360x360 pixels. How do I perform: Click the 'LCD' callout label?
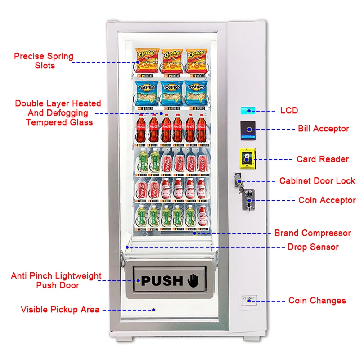[x=290, y=110]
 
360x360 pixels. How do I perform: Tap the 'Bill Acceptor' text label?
[x=323, y=129]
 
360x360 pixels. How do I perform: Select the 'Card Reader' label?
[x=322, y=159]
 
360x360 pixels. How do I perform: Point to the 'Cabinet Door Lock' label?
[x=317, y=181]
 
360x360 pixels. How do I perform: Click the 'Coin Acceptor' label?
[x=327, y=200]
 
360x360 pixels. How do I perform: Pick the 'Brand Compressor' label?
[x=312, y=233]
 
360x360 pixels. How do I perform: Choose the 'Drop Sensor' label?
[x=313, y=247]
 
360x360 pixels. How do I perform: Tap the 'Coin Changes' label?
[x=317, y=300]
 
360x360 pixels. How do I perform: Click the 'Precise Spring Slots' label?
[x=44, y=61]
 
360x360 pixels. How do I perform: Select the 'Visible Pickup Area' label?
[x=60, y=309]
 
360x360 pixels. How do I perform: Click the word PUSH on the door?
[x=162, y=281]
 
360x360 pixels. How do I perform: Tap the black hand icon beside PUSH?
[x=192, y=280]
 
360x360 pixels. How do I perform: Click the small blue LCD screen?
[x=247, y=110]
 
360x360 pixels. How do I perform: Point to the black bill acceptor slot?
[x=248, y=129]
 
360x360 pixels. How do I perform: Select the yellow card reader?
[x=247, y=159]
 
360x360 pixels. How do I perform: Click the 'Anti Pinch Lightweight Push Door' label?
[x=56, y=280]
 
